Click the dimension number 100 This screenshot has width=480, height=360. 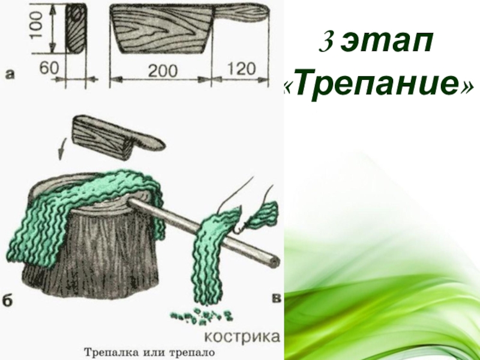pos(37,25)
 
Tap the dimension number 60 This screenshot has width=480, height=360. pos(49,68)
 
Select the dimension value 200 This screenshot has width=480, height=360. pos(163,71)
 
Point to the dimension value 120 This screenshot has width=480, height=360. pos(241,68)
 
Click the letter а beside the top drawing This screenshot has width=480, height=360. pos(10,74)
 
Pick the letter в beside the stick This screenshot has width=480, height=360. pos(276,298)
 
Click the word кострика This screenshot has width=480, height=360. pos(242,337)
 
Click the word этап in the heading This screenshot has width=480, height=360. pos(387,43)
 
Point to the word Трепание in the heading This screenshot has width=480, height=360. pos(379,84)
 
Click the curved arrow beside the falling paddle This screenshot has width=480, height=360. pos(62,148)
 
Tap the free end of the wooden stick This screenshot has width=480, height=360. pos(274,262)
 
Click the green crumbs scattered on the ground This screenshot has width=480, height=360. pos(202,316)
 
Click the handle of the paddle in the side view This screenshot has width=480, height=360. pos(241,13)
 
